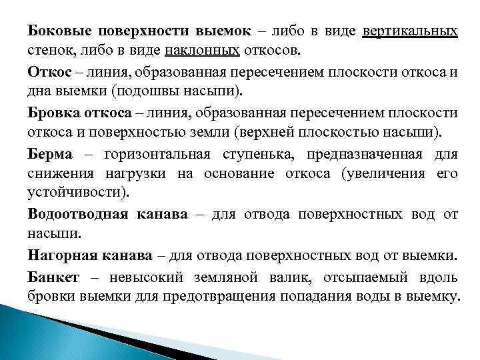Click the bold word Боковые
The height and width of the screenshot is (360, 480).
pos(56,31)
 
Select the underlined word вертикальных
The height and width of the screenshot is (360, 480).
pos(410,31)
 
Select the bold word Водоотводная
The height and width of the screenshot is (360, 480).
pos(69,215)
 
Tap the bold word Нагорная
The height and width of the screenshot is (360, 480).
pos(56,255)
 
